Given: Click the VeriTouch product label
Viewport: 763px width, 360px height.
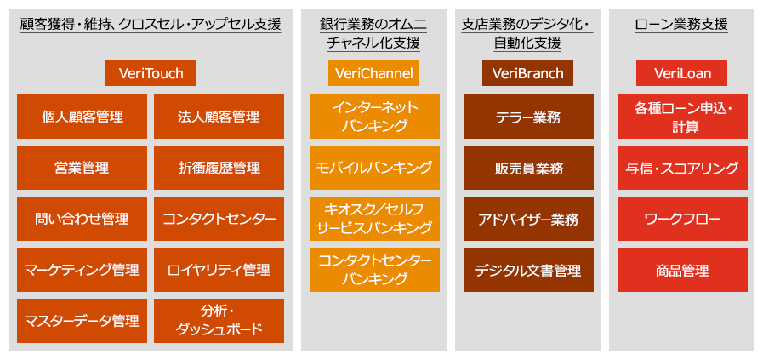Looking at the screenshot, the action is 151,73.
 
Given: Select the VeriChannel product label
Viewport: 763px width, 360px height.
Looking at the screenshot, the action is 373,73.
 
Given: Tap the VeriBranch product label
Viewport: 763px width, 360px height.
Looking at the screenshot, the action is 528,73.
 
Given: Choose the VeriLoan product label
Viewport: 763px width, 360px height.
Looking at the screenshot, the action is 682,73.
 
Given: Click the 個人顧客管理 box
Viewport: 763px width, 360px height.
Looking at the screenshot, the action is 82,117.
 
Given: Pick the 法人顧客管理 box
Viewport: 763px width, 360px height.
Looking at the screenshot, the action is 219,117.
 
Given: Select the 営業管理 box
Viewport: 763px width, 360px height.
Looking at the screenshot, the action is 82,168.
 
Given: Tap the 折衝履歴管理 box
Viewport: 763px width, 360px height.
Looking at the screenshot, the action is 219,168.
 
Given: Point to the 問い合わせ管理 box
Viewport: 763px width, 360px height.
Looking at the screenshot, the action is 82,219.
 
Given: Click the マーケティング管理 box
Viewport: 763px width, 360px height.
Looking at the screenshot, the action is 82,270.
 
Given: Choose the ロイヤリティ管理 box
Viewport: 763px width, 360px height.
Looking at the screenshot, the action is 219,270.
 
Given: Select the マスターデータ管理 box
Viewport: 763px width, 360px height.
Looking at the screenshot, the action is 82,321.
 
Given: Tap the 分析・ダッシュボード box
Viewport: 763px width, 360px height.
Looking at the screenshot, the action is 219,321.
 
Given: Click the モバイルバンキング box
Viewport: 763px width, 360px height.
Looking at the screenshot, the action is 374,168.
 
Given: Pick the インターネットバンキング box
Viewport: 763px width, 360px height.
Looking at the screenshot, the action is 374,117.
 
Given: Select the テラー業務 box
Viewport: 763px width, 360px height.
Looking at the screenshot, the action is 528,117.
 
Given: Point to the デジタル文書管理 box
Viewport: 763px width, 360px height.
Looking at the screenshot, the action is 528,270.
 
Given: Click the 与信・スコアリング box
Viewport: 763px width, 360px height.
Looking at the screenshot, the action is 683,168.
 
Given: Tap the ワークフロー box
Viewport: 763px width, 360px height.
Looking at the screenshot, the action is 683,219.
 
